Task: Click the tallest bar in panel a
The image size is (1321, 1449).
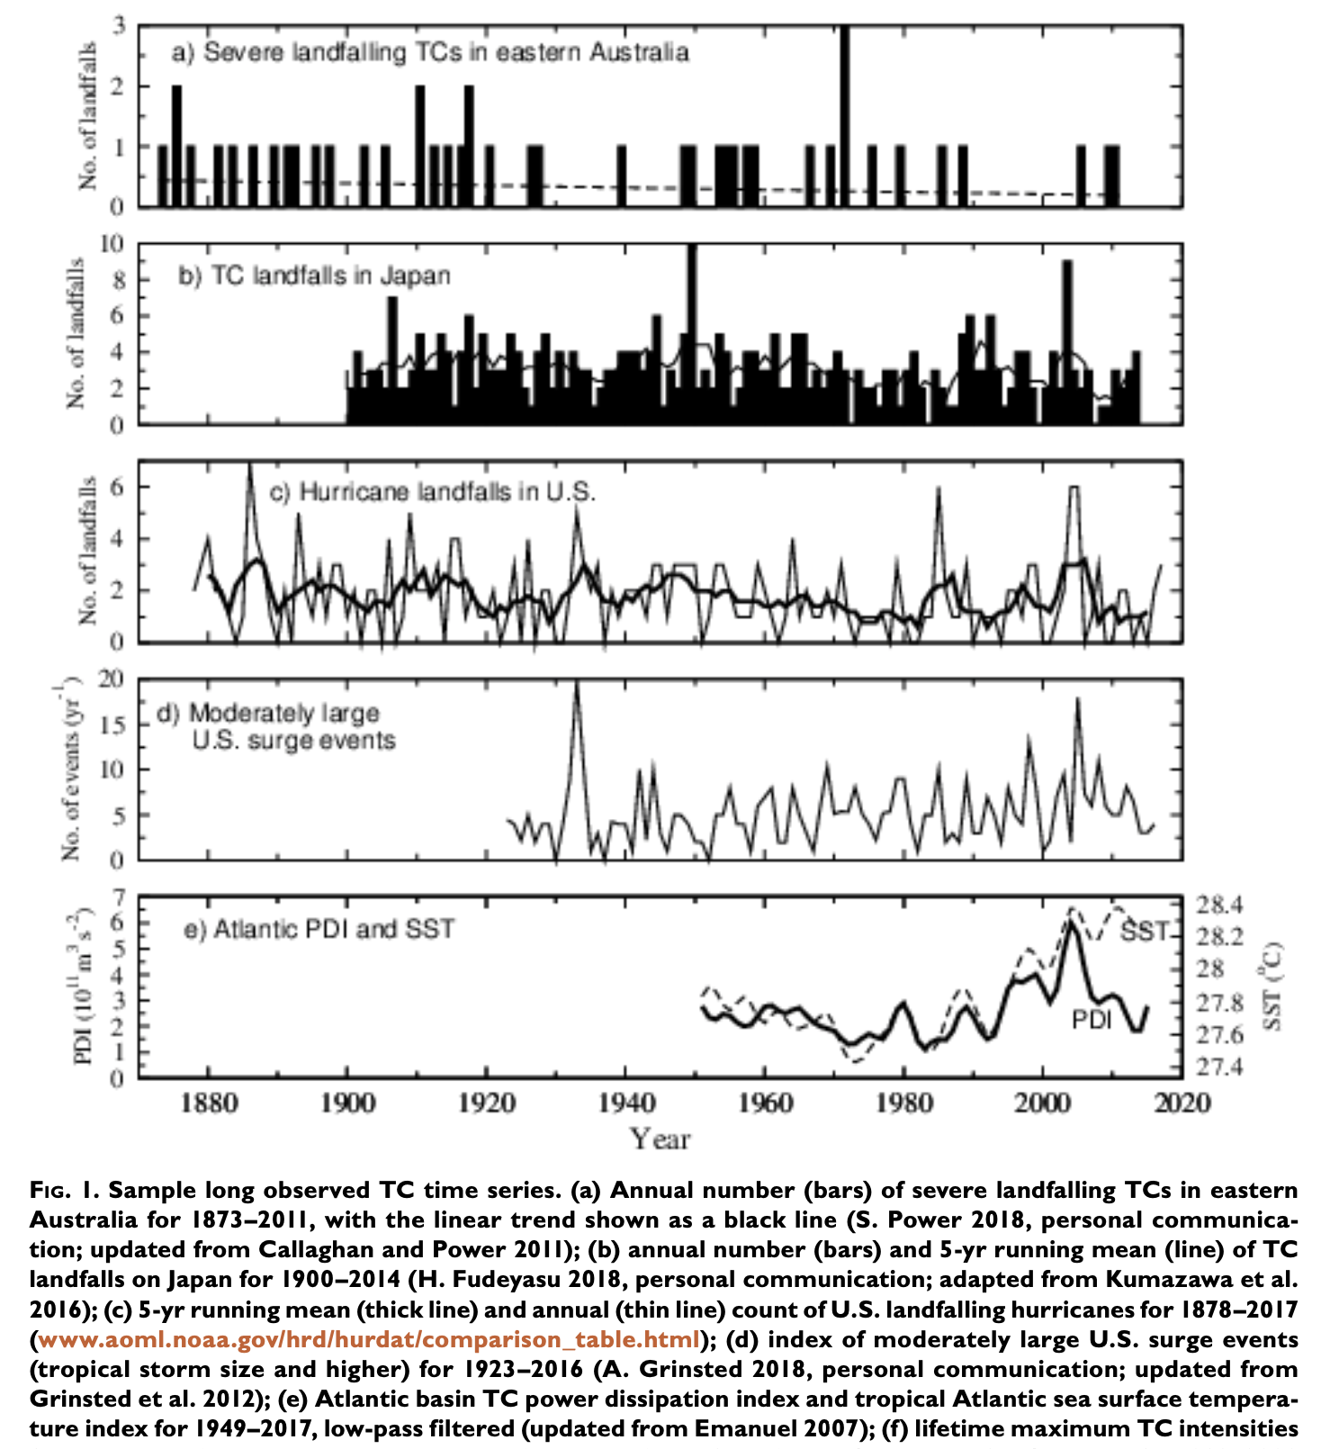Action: pos(844,117)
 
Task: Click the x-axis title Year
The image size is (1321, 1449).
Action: pos(660,1139)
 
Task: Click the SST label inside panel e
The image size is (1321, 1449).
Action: pos(1143,931)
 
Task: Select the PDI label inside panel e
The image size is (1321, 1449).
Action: pos(1091,1019)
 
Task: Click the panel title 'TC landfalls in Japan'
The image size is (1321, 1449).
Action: pos(314,274)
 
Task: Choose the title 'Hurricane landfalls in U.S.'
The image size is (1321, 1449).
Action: pos(433,492)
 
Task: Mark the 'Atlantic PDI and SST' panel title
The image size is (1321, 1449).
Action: pos(319,929)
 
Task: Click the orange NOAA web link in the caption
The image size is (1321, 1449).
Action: pos(369,1339)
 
